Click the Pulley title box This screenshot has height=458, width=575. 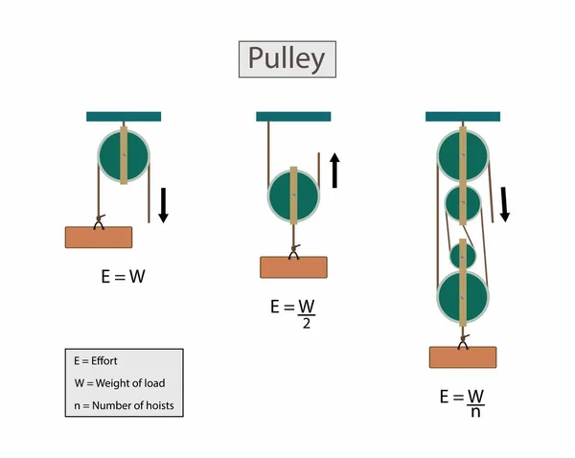(287, 59)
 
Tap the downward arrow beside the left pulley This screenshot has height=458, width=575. (163, 204)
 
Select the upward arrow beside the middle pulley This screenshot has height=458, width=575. (334, 170)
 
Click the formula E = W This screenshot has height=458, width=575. (124, 277)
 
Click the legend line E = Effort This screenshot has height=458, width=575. (100, 361)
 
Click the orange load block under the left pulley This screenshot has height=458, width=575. (99, 237)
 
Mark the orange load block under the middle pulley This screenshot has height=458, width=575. (293, 266)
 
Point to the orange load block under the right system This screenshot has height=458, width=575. (463, 356)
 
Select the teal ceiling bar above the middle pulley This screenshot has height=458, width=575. (293, 117)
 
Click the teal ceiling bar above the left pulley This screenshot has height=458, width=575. (124, 117)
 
